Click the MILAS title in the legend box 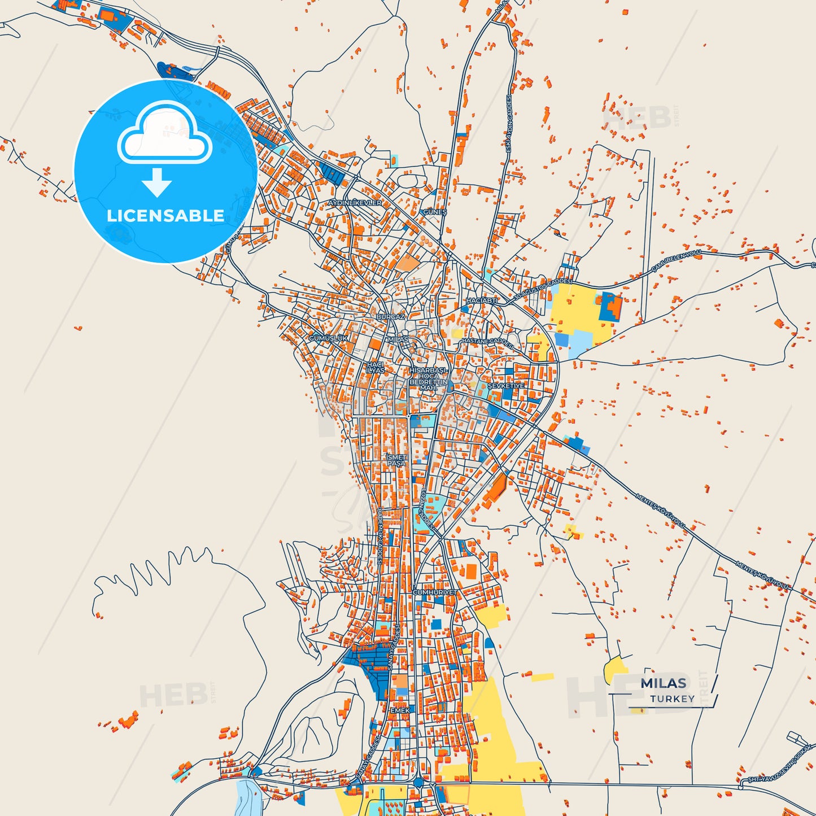tap(663, 683)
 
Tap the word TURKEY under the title tap(672, 699)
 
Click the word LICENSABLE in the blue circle tap(165, 216)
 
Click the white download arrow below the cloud tap(157, 182)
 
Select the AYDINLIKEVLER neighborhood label tap(355, 203)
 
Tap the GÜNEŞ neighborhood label tap(435, 212)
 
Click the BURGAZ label tap(391, 317)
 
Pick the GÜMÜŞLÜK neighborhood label tap(329, 338)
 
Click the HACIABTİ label tap(482, 301)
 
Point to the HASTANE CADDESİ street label tap(488, 342)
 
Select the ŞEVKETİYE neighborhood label tap(506, 386)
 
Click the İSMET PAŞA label tap(396, 460)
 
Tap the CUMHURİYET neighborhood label tap(435, 592)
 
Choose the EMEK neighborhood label tap(400, 710)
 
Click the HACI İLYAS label tap(376, 367)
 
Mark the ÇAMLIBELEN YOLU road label tap(676, 260)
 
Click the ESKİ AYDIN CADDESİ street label tap(508, 123)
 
